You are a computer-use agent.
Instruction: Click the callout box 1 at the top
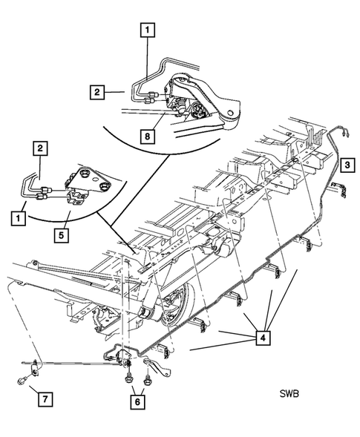point(148,30)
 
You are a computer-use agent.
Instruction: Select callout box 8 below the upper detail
point(147,137)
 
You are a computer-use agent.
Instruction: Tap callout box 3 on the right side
point(347,165)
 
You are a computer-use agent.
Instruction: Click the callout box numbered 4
point(263,338)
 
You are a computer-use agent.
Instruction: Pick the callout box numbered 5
point(62,235)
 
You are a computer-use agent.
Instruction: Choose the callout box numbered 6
point(137,402)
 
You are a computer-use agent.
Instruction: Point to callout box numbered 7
point(45,399)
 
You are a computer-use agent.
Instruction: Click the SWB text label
point(289,394)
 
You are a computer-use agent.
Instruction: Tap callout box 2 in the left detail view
point(40,148)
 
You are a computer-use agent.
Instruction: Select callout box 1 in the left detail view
point(19,218)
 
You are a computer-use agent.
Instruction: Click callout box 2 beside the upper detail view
point(97,92)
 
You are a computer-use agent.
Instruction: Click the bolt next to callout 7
point(22,381)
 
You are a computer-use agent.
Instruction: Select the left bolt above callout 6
point(129,378)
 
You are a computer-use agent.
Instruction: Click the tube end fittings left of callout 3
point(345,134)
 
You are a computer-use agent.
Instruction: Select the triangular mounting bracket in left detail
point(90,181)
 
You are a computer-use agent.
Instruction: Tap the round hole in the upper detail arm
point(230,113)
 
